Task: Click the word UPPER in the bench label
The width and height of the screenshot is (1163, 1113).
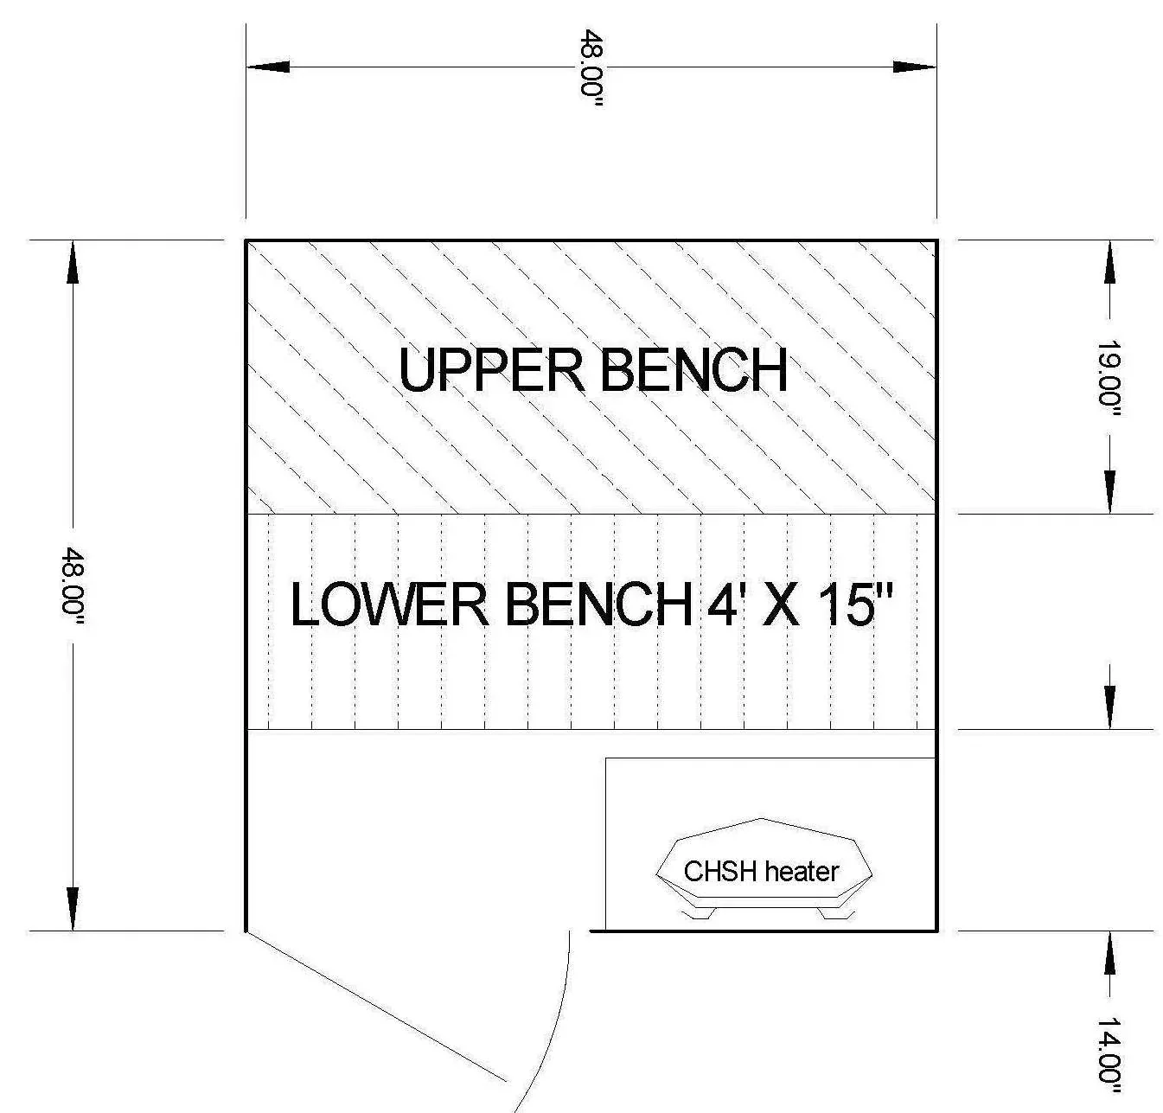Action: point(490,370)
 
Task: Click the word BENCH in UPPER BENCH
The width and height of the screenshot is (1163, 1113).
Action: point(693,370)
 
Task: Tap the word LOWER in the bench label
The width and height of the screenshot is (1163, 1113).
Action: point(389,604)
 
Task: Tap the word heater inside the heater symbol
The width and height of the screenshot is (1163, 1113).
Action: point(801,871)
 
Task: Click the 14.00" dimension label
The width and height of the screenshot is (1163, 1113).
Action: point(1109,1050)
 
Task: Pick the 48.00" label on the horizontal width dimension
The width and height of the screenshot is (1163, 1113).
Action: point(591,67)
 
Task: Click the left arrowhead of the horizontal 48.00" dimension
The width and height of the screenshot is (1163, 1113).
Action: point(268,67)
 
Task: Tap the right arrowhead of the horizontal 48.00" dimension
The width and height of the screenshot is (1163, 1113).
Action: point(915,67)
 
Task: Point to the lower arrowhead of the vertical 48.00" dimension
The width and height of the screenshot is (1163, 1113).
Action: point(73,909)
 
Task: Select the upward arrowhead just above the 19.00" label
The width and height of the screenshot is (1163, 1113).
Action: point(1109,262)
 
